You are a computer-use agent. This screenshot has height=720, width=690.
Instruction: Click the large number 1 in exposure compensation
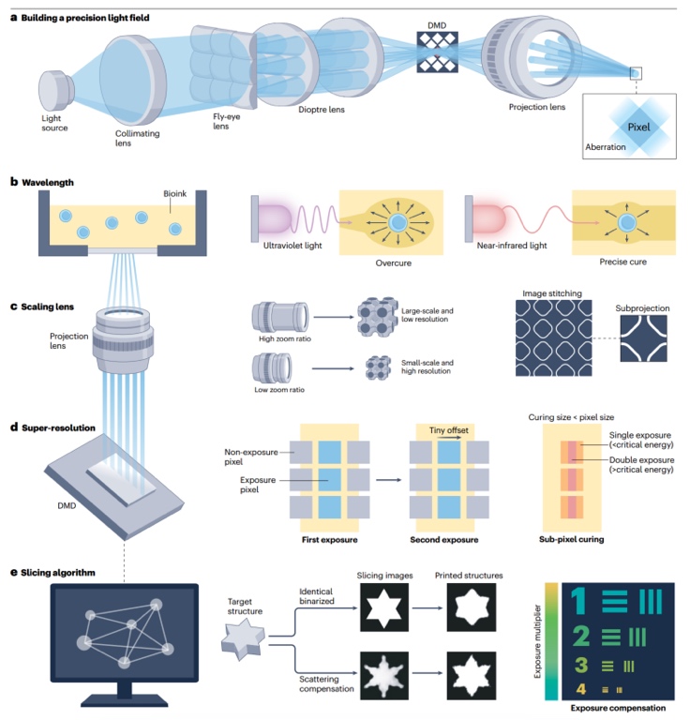tap(580, 603)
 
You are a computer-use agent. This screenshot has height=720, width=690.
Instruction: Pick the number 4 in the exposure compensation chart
tap(580, 690)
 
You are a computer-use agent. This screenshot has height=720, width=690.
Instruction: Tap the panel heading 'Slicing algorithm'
tap(64, 571)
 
